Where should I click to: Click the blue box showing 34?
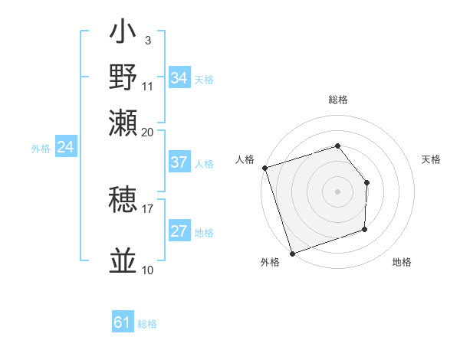click(x=179, y=78)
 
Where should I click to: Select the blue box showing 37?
click(x=179, y=162)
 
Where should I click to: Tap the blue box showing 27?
click(x=179, y=231)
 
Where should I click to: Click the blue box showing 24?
click(x=66, y=147)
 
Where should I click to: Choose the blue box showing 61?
click(x=123, y=322)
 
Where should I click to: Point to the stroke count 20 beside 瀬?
click(x=148, y=132)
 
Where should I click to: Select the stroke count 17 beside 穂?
click(x=148, y=208)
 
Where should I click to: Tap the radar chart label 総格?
click(x=338, y=100)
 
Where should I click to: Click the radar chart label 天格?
click(x=431, y=159)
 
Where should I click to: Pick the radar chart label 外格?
click(x=270, y=263)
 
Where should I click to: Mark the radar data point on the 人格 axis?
click(x=264, y=168)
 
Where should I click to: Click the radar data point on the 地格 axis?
click(x=365, y=229)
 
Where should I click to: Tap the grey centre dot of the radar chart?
click(x=338, y=191)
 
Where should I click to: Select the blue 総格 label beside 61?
click(x=147, y=324)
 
